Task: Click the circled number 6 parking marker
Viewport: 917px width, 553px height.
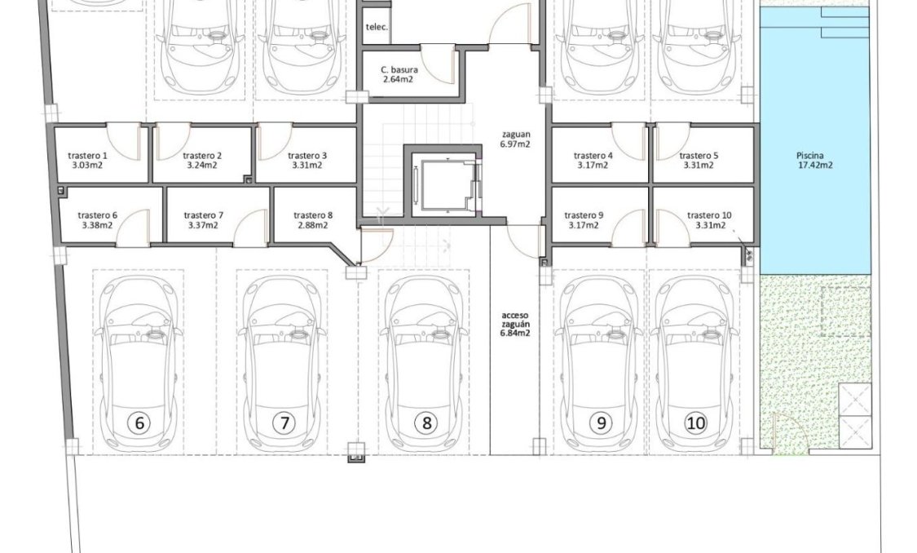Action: pyautogui.click(x=139, y=423)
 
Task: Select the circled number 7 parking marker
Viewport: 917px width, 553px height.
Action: pyautogui.click(x=284, y=423)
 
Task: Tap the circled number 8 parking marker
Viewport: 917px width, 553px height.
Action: pyautogui.click(x=425, y=423)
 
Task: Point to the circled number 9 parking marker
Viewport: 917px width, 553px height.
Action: pyautogui.click(x=602, y=423)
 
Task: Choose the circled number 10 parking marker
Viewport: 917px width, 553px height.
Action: pyautogui.click(x=695, y=423)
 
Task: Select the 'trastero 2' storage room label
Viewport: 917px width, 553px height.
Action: pyautogui.click(x=202, y=155)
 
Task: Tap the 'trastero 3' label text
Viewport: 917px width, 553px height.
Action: pyautogui.click(x=307, y=155)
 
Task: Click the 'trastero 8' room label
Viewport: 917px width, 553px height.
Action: pyautogui.click(x=313, y=215)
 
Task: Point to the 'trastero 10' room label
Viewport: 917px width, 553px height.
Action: pyautogui.click(x=709, y=215)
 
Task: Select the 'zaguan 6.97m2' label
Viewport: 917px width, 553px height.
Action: pyautogui.click(x=516, y=139)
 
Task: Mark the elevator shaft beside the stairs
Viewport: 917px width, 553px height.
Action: pyautogui.click(x=442, y=184)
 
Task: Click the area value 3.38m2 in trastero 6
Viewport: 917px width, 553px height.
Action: pyautogui.click(x=98, y=226)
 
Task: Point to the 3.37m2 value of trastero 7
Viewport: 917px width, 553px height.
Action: pyautogui.click(x=202, y=226)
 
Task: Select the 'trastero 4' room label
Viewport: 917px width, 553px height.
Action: pyautogui.click(x=593, y=155)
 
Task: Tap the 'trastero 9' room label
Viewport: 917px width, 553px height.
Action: pyautogui.click(x=584, y=215)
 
